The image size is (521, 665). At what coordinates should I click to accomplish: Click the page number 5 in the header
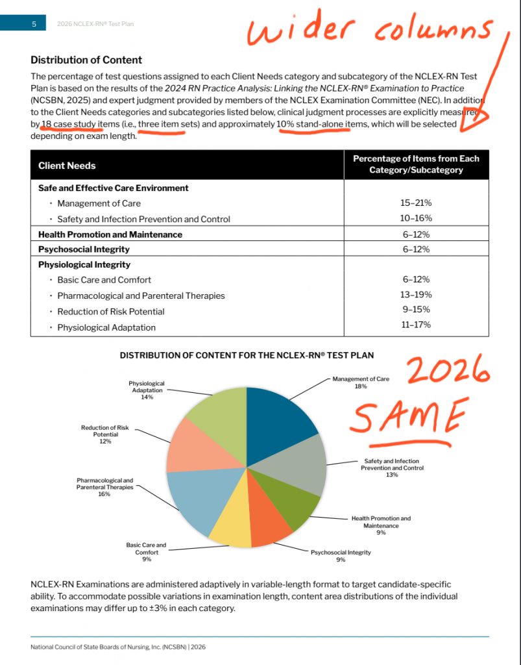pos(34,24)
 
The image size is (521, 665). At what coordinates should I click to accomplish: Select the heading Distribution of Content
pos(86,60)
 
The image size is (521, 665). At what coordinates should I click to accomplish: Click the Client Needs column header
pos(67,166)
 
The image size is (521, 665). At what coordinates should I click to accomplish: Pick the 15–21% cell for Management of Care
pos(416,203)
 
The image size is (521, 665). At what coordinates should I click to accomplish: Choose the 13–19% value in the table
pos(416,295)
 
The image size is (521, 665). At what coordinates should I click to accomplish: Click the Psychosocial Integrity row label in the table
pos(84,249)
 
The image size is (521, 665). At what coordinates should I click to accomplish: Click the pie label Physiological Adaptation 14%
pos(147,390)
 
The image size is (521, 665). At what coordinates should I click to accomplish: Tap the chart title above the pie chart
pos(247,355)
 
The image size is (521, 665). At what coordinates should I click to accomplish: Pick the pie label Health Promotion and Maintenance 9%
pos(381,525)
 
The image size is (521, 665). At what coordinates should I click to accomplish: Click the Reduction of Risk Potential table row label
pos(110,311)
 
